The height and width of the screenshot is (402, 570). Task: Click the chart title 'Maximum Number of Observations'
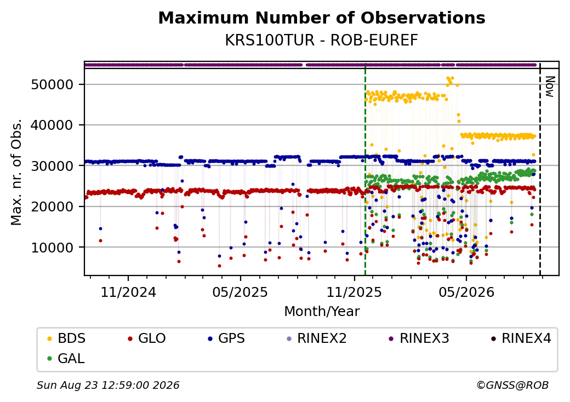[322, 18]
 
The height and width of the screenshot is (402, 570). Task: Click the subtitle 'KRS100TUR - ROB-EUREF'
[322, 41]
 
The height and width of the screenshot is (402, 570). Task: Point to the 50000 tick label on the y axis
[53, 84]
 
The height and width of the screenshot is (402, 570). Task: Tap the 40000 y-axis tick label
[53, 125]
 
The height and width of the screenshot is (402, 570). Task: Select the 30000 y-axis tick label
[53, 166]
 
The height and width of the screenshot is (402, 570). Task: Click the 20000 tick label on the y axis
[53, 206]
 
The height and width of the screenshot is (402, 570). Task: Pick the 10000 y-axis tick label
[53, 248]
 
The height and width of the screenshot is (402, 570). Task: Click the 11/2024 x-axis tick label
[128, 292]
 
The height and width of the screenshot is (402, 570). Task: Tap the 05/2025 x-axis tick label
[240, 292]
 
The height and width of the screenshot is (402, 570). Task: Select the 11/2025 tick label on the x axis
[355, 292]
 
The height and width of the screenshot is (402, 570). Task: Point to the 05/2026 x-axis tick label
[467, 292]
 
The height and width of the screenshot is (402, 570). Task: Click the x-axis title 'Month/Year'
[322, 312]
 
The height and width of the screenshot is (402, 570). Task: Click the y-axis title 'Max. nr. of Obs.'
[16, 172]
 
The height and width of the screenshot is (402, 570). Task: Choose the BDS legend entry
[67, 338]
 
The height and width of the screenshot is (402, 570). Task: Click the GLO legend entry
[147, 338]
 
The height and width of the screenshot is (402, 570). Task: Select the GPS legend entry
[226, 338]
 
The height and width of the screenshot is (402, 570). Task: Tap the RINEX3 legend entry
[419, 338]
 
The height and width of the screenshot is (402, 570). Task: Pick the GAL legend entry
[66, 358]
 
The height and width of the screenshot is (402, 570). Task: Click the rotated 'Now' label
[550, 87]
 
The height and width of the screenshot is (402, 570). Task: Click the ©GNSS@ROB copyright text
[512, 385]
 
